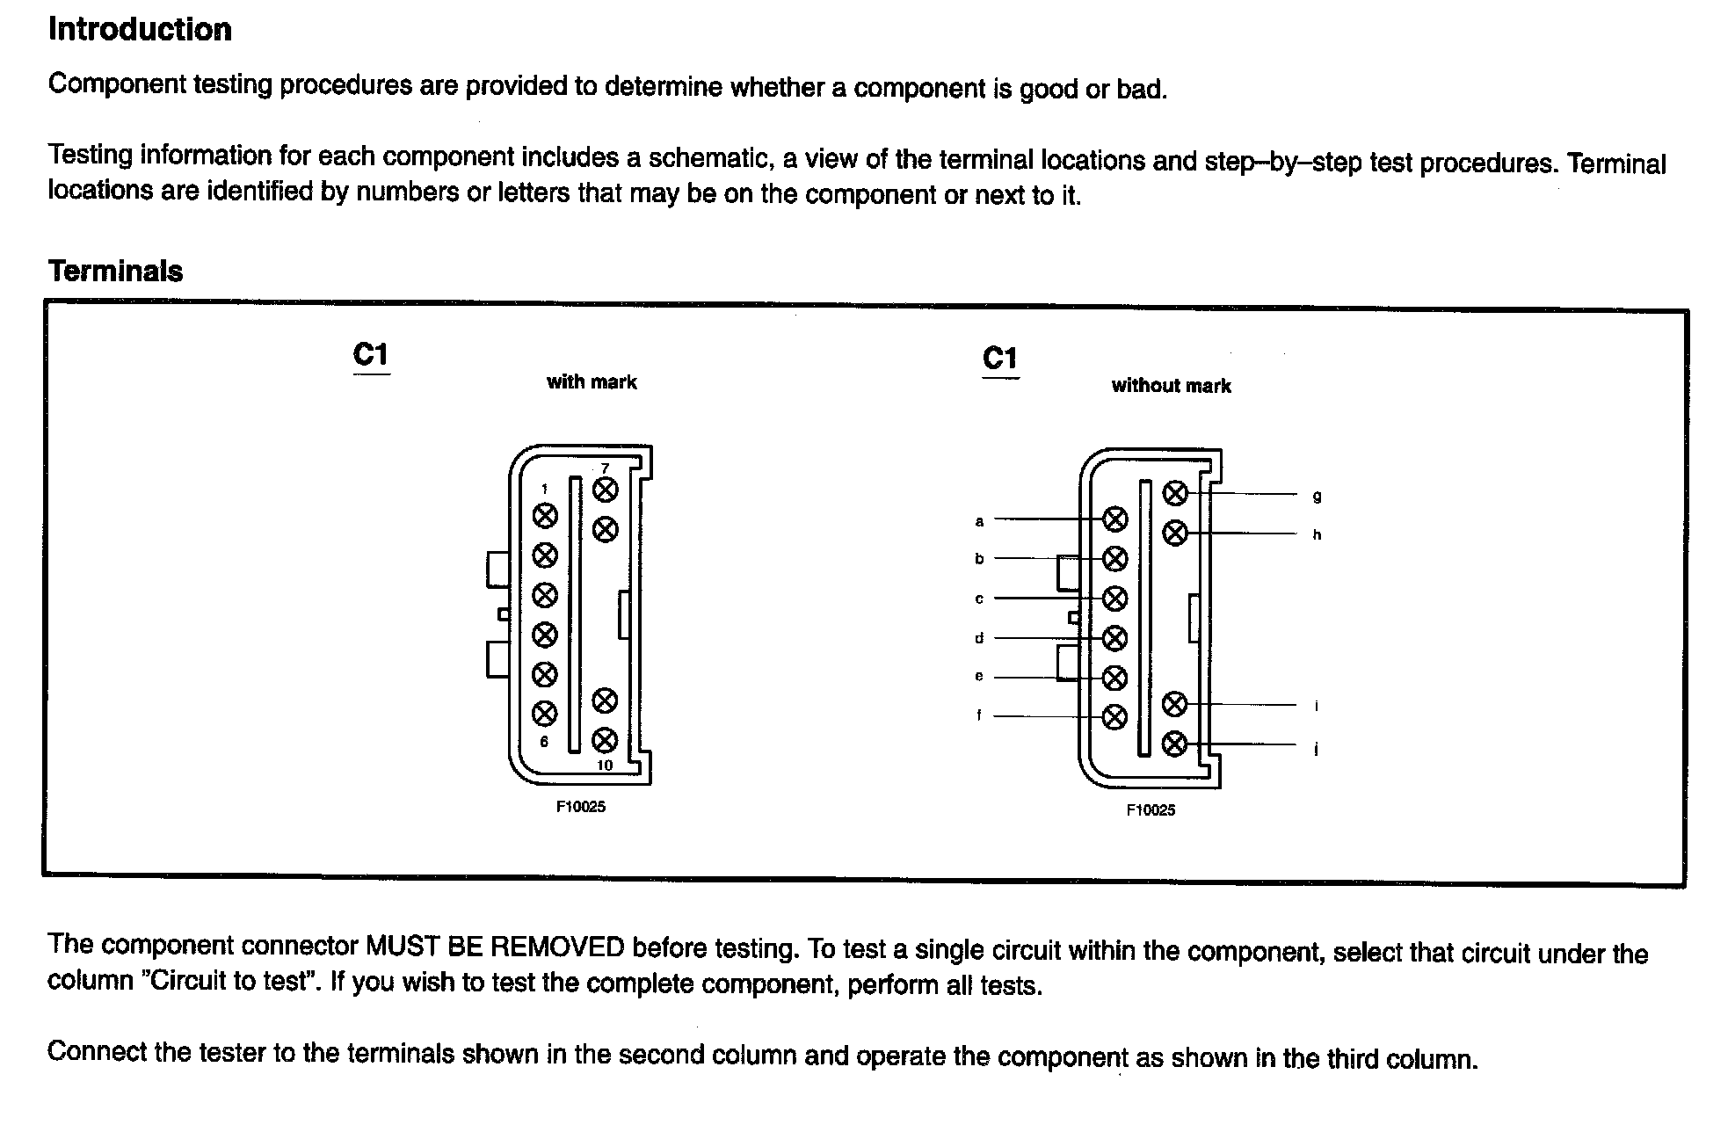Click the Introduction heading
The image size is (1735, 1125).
tap(140, 30)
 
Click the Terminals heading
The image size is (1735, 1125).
tap(115, 271)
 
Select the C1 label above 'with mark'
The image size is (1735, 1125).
tap(371, 354)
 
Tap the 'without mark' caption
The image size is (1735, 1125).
tap(1171, 386)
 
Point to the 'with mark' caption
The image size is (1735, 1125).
tap(592, 382)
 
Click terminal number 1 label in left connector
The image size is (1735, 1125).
tap(545, 490)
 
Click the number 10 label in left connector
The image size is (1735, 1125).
tap(605, 766)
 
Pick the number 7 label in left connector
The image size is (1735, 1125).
tap(605, 468)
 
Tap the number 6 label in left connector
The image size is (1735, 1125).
tap(545, 742)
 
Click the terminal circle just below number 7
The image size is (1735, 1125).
tap(605, 490)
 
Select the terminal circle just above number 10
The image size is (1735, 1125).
tap(605, 740)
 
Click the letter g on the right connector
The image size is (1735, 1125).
tap(1317, 497)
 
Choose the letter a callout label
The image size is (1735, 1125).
tap(979, 521)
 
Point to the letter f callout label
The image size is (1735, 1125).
tap(979, 715)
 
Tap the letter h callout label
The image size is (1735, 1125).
tap(1317, 534)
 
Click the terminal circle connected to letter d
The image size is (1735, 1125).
tap(1114, 637)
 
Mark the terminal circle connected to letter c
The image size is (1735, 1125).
tap(1114, 599)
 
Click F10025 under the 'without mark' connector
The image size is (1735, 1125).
tap(1151, 810)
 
